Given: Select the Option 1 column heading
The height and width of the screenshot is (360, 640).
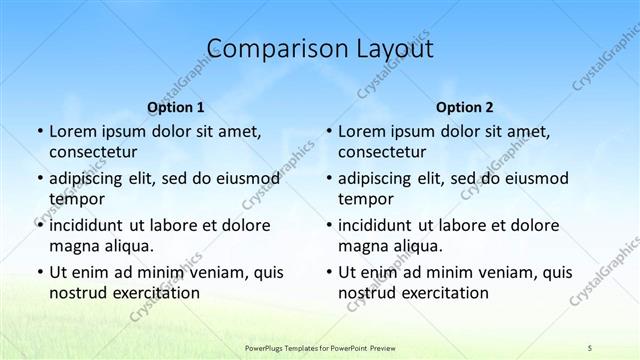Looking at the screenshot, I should (x=175, y=106).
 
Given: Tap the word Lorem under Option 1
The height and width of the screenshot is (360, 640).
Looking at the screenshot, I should (x=72, y=131).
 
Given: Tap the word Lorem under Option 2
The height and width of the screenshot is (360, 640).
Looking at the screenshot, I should (x=361, y=131).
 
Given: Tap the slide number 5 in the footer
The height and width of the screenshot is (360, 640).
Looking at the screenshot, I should (x=590, y=346).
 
